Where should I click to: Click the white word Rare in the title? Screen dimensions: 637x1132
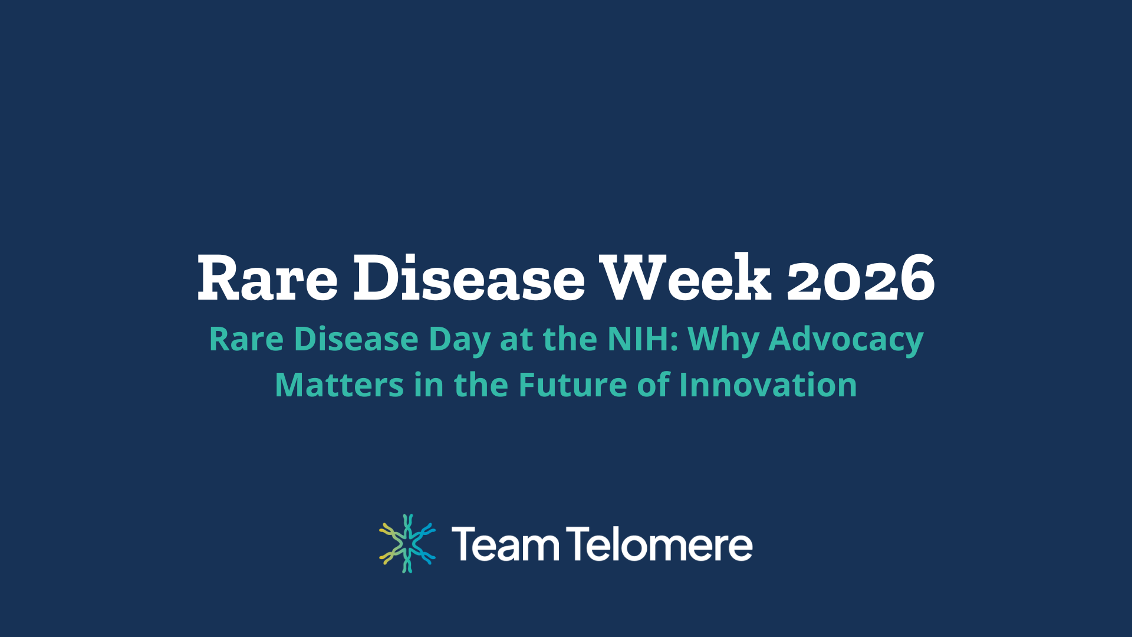(x=267, y=278)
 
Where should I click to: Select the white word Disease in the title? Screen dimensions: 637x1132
(x=469, y=278)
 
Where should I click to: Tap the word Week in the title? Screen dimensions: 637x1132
(x=685, y=278)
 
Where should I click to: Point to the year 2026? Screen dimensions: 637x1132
(x=861, y=278)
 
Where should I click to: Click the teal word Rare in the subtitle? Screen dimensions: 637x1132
(x=246, y=340)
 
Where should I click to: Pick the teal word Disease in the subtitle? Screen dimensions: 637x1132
(x=356, y=340)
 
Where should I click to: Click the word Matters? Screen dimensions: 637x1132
(x=338, y=385)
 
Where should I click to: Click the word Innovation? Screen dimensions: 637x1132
(x=768, y=385)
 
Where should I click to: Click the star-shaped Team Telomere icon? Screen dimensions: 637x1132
(x=407, y=543)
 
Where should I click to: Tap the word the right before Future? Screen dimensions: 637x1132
(x=481, y=385)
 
